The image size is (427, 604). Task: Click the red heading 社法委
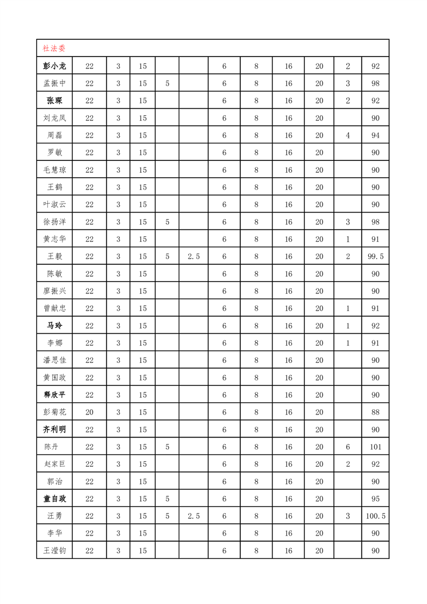[54, 48]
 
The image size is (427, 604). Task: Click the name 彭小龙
[54, 66]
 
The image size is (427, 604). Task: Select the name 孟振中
[54, 83]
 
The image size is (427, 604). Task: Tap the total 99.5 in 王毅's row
[375, 257]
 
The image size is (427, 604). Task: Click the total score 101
[375, 447]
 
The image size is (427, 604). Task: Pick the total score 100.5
[375, 516]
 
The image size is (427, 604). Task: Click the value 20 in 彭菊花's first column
[89, 412]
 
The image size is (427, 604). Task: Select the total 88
[375, 412]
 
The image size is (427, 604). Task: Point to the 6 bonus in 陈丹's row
[348, 447]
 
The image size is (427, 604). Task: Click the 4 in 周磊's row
[348, 136]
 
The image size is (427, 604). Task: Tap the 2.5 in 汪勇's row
[194, 516]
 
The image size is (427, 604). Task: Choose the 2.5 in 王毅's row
[194, 257]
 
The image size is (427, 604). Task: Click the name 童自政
[54, 498]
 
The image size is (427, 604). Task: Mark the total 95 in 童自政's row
[375, 498]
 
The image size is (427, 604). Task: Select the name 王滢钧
[54, 551]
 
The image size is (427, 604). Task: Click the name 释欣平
[54, 395]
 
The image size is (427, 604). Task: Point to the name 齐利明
[54, 430]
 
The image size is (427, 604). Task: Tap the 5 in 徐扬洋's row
[167, 222]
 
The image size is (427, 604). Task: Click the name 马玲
[54, 326]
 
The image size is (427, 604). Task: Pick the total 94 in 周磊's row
[375, 136]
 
